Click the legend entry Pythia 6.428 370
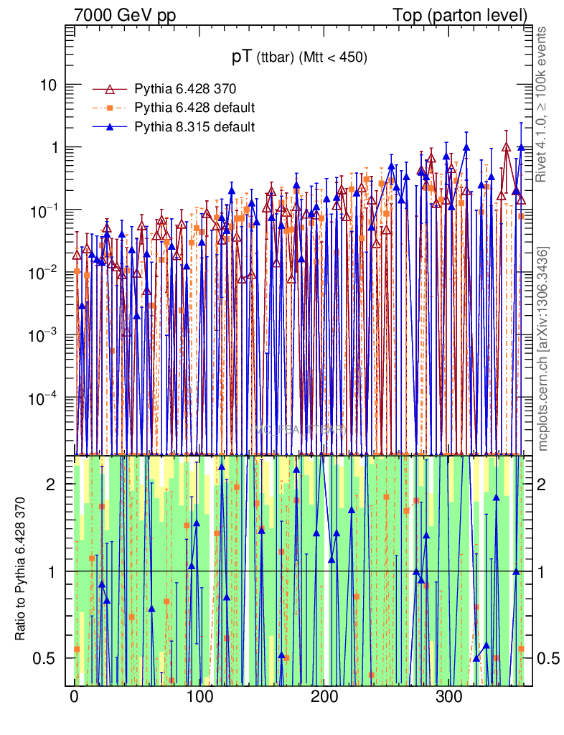point(185,89)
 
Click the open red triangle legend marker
point(110,89)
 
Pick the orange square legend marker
point(110,108)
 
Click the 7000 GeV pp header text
point(125,15)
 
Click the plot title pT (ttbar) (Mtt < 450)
point(299,57)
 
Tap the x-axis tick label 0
point(75,697)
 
